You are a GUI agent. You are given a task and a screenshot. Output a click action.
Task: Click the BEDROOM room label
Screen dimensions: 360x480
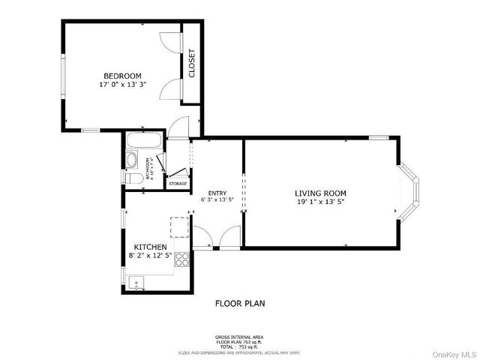pyautogui.click(x=121, y=76)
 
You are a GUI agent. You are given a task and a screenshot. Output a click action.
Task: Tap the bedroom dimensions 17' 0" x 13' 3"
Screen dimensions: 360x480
pyautogui.click(x=121, y=85)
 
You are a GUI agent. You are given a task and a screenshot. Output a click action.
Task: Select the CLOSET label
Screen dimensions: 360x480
pyautogui.click(x=192, y=63)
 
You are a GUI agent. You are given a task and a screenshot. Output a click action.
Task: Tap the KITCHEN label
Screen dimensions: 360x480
pyautogui.click(x=150, y=247)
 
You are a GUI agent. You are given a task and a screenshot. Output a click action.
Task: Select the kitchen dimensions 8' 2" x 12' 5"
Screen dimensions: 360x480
pyautogui.click(x=150, y=256)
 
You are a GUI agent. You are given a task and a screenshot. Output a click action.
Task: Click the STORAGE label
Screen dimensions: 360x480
pyautogui.click(x=178, y=183)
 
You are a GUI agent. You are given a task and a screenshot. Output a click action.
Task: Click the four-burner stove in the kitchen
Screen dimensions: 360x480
pyautogui.click(x=182, y=259)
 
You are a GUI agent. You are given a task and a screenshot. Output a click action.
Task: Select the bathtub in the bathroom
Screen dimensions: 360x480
pyautogui.click(x=142, y=141)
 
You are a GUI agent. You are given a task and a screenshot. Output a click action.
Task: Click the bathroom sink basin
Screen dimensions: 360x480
pyautogui.click(x=131, y=160)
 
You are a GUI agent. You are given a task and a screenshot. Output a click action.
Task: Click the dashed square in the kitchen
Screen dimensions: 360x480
pyautogui.click(x=180, y=227)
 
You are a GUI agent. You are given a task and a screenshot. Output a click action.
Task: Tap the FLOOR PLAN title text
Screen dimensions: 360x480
pyautogui.click(x=239, y=304)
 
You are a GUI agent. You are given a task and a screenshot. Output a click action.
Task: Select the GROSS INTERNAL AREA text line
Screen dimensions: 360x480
pyautogui.click(x=239, y=337)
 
